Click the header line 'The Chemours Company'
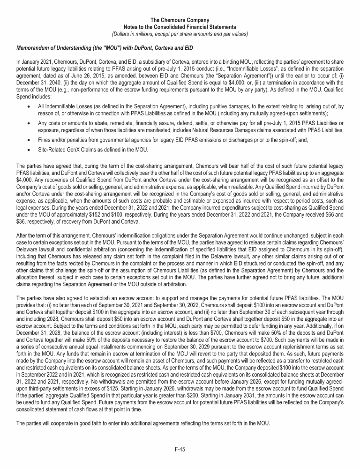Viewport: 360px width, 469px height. click(x=180, y=20)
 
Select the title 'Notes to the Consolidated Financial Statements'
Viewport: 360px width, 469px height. click(x=180, y=27)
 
